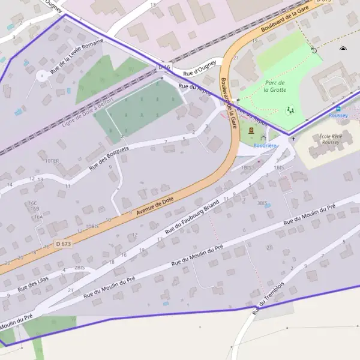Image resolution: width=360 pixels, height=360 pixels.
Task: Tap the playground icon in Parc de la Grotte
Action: pyautogui.click(x=290, y=110)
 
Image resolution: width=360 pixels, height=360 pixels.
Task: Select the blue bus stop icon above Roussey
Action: pyautogui.click(x=338, y=109)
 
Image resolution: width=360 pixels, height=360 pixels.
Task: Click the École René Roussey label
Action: pyautogui.click(x=331, y=140)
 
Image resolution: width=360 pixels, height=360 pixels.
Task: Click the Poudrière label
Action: pyautogui.click(x=265, y=145)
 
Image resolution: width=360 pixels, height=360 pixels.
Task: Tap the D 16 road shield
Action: pyautogui.click(x=164, y=67)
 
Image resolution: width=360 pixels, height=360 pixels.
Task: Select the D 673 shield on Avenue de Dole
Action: pyautogui.click(x=63, y=244)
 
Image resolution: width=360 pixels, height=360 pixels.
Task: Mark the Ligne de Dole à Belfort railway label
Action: pyautogui.click(x=88, y=115)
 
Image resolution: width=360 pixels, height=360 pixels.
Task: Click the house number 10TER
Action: pyautogui.click(x=52, y=161)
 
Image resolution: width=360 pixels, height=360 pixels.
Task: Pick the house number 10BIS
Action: pyautogui.click(x=92, y=226)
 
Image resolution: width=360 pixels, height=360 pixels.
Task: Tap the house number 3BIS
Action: pyautogui.click(x=262, y=203)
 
